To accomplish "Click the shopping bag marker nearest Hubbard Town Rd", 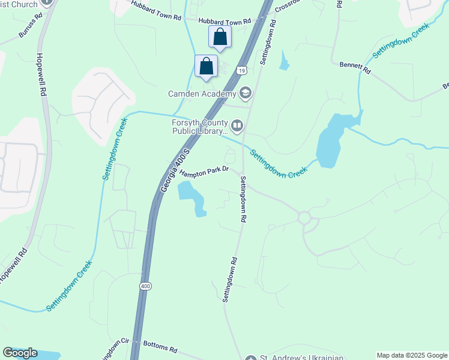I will (x=220, y=37).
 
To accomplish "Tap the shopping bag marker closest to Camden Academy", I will (x=206, y=66).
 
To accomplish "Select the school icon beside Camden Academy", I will (x=245, y=93).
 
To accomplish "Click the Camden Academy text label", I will (x=202, y=94).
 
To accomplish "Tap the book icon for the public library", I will (x=237, y=126).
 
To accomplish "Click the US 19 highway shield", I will (x=241, y=70).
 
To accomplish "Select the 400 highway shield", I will (x=146, y=287).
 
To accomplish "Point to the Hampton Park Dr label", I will (x=205, y=171).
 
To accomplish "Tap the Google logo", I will (x=20, y=353).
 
